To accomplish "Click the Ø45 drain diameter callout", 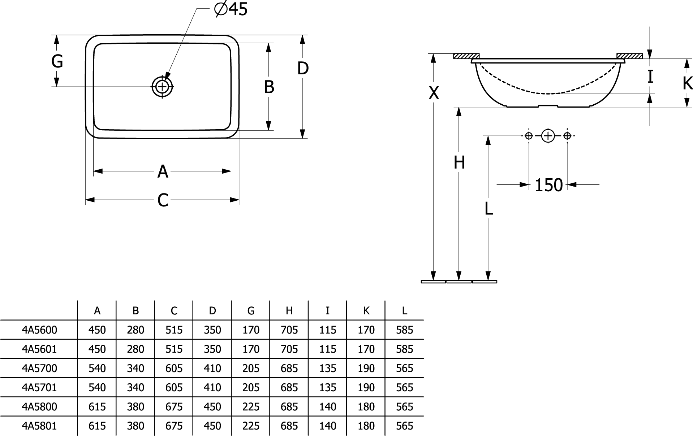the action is pyautogui.click(x=231, y=9).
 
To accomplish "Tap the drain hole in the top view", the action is pyautogui.click(x=162, y=87).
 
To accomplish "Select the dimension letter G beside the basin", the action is pyautogui.click(x=57, y=61).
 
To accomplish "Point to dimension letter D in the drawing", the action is pyautogui.click(x=303, y=68).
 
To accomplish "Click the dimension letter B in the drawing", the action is pyautogui.click(x=269, y=87).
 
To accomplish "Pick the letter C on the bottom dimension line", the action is pyautogui.click(x=163, y=200).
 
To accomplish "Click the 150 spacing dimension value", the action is pyautogui.click(x=548, y=185).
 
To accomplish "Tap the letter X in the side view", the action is pyautogui.click(x=434, y=93).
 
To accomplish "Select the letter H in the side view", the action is pyautogui.click(x=459, y=163).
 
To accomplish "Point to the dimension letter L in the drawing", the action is pyautogui.click(x=488, y=208).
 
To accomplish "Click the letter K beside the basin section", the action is pyautogui.click(x=687, y=83).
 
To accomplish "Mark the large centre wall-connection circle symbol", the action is pyautogui.click(x=548, y=136).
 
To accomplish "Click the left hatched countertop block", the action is pyautogui.click(x=466, y=56).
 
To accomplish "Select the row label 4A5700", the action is pyautogui.click(x=39, y=368).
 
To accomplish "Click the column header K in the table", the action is pyautogui.click(x=366, y=310).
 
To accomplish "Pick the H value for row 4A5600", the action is pyautogui.click(x=289, y=330).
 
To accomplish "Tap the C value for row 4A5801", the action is pyautogui.click(x=174, y=426).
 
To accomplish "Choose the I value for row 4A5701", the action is pyautogui.click(x=327, y=387).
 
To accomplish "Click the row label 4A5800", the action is pyautogui.click(x=39, y=407).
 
